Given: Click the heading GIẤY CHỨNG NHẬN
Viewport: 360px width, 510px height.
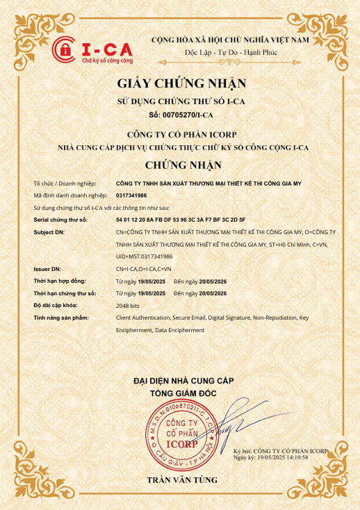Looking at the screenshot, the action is pyautogui.click(x=181, y=84).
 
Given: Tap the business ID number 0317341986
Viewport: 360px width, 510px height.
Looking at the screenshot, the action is pyautogui.click(x=131, y=196).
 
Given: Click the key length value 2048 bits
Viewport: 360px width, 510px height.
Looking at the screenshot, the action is pyautogui.click(x=129, y=305).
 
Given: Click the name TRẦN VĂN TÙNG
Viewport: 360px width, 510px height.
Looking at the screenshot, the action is pyautogui.click(x=181, y=480).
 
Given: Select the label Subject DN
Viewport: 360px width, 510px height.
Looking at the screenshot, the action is pyautogui.click(x=49, y=231).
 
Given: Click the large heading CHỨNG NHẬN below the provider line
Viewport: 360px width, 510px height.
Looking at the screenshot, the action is pyautogui.click(x=183, y=165).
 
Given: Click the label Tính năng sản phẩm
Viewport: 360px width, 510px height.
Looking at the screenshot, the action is pyautogui.click(x=62, y=317).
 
